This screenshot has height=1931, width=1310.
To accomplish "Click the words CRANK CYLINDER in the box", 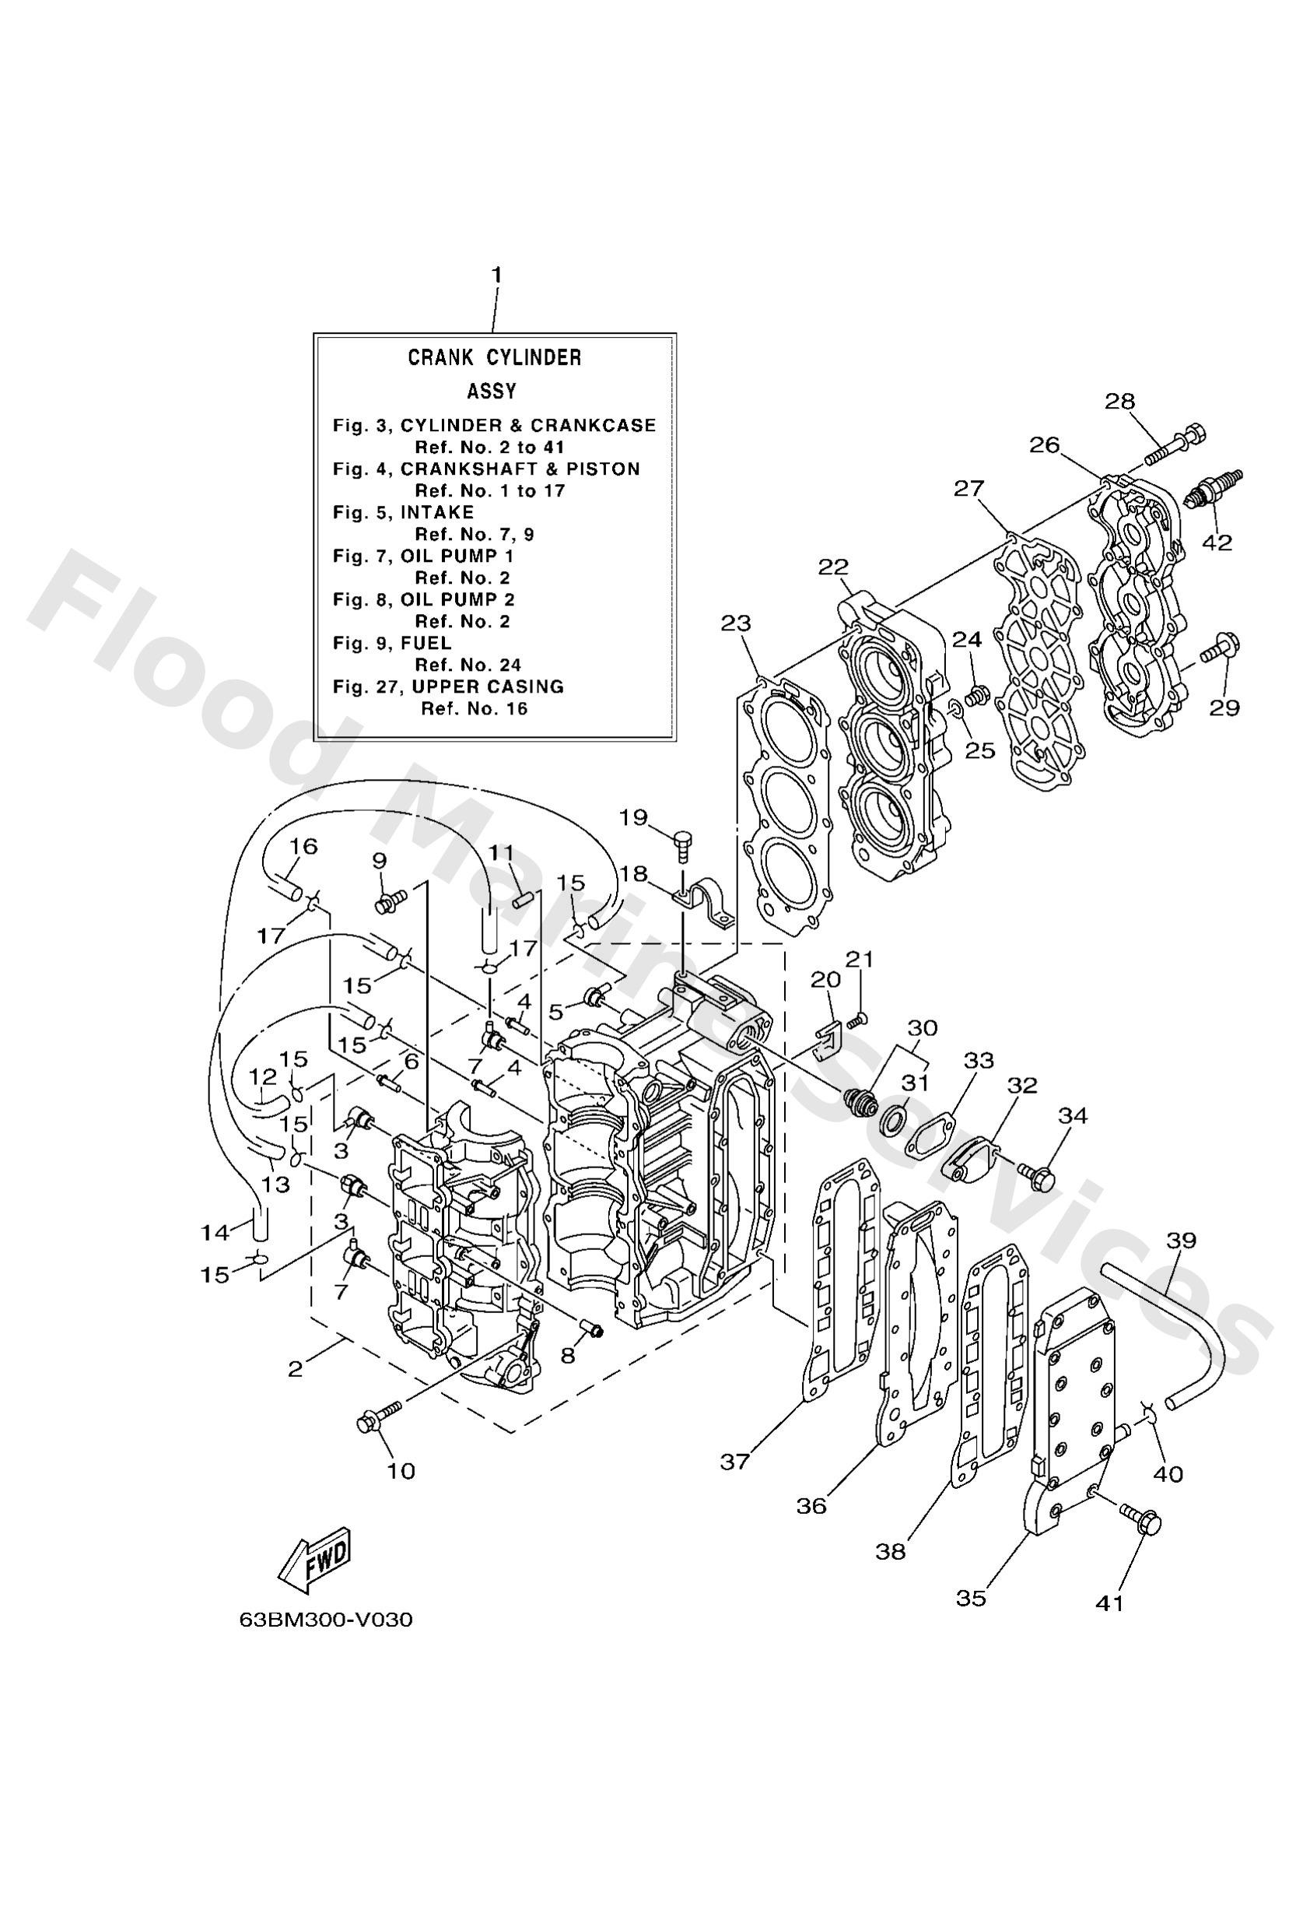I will pyautogui.click(x=493, y=357).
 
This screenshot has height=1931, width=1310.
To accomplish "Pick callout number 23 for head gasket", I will pyautogui.click(x=735, y=623).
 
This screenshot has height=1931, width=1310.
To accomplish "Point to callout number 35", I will pyautogui.click(x=971, y=1597).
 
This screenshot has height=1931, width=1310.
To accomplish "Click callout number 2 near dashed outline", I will pyautogui.click(x=295, y=1368).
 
